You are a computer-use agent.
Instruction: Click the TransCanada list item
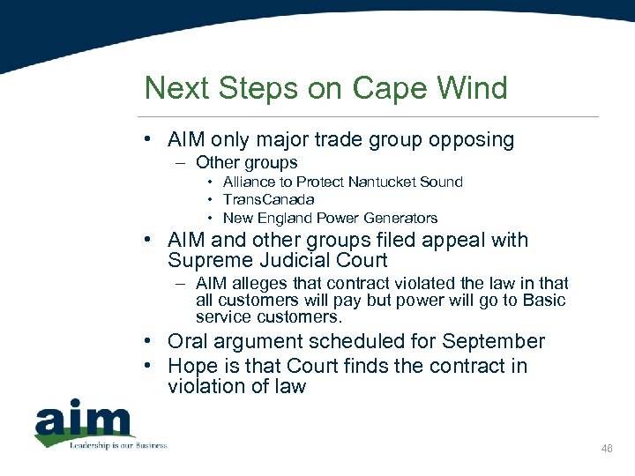point(268,200)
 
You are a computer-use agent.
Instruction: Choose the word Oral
point(188,342)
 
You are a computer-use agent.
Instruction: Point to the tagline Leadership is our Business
point(117,444)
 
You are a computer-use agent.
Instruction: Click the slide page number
point(607,450)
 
